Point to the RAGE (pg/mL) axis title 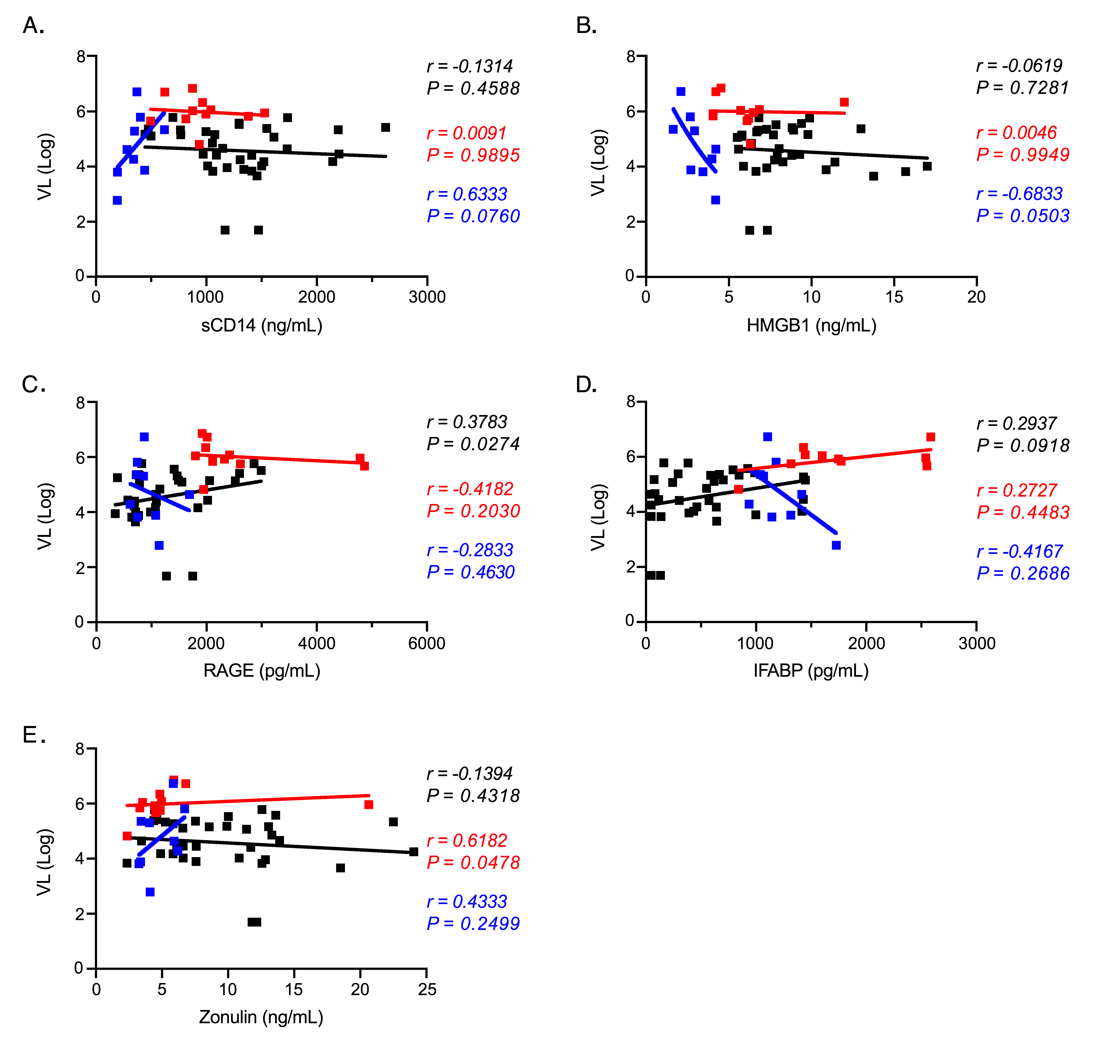pos(262,671)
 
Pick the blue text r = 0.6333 pos(467,194)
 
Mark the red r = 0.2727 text pos(1016,490)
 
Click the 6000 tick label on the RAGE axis pos(426,643)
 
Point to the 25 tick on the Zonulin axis pos(426,989)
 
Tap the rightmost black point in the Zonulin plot pos(414,852)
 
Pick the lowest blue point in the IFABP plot pos(836,545)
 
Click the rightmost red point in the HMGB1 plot pos(844,102)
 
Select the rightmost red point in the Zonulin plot pos(369,805)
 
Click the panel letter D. pos(586,385)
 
